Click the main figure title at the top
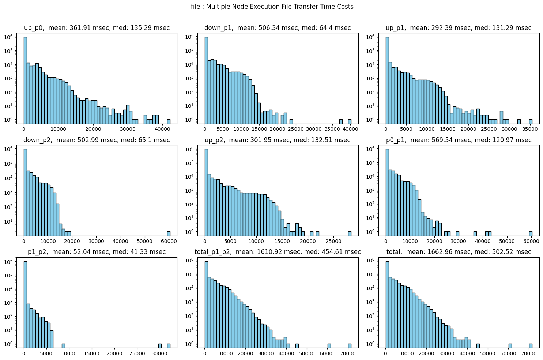click(x=272, y=7)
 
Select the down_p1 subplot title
click(x=278, y=28)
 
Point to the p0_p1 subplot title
click(x=459, y=140)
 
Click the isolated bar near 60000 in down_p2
click(x=169, y=234)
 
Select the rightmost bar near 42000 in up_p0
click(x=169, y=121)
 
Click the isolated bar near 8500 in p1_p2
click(x=63, y=345)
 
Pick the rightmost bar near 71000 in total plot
click(x=531, y=345)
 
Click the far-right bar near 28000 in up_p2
click(x=350, y=234)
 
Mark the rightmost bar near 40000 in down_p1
click(x=350, y=121)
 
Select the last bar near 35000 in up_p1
click(x=531, y=121)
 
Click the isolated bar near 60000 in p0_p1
click(x=531, y=234)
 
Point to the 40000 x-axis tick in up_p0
click(x=162, y=129)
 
